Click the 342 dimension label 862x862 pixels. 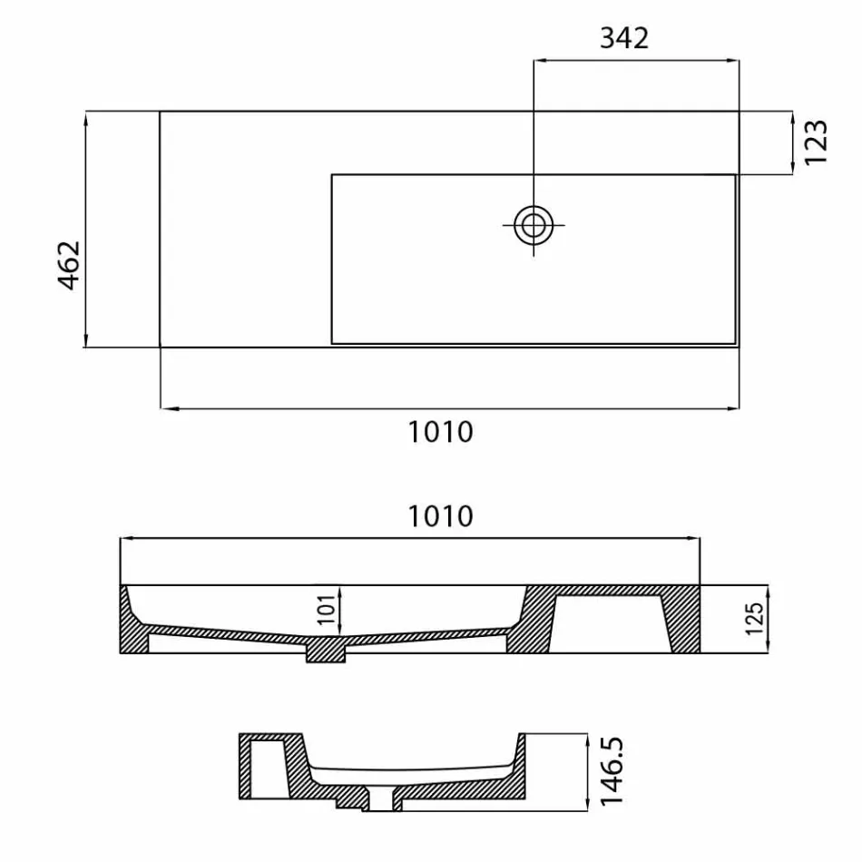[625, 38]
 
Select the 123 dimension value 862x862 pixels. [816, 142]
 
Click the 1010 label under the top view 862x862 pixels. [441, 432]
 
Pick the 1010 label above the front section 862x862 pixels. [441, 515]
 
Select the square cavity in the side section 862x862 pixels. [267, 768]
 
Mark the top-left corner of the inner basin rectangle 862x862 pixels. [332, 175]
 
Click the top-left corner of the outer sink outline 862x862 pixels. [161, 112]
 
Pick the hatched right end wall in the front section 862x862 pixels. [684, 622]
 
